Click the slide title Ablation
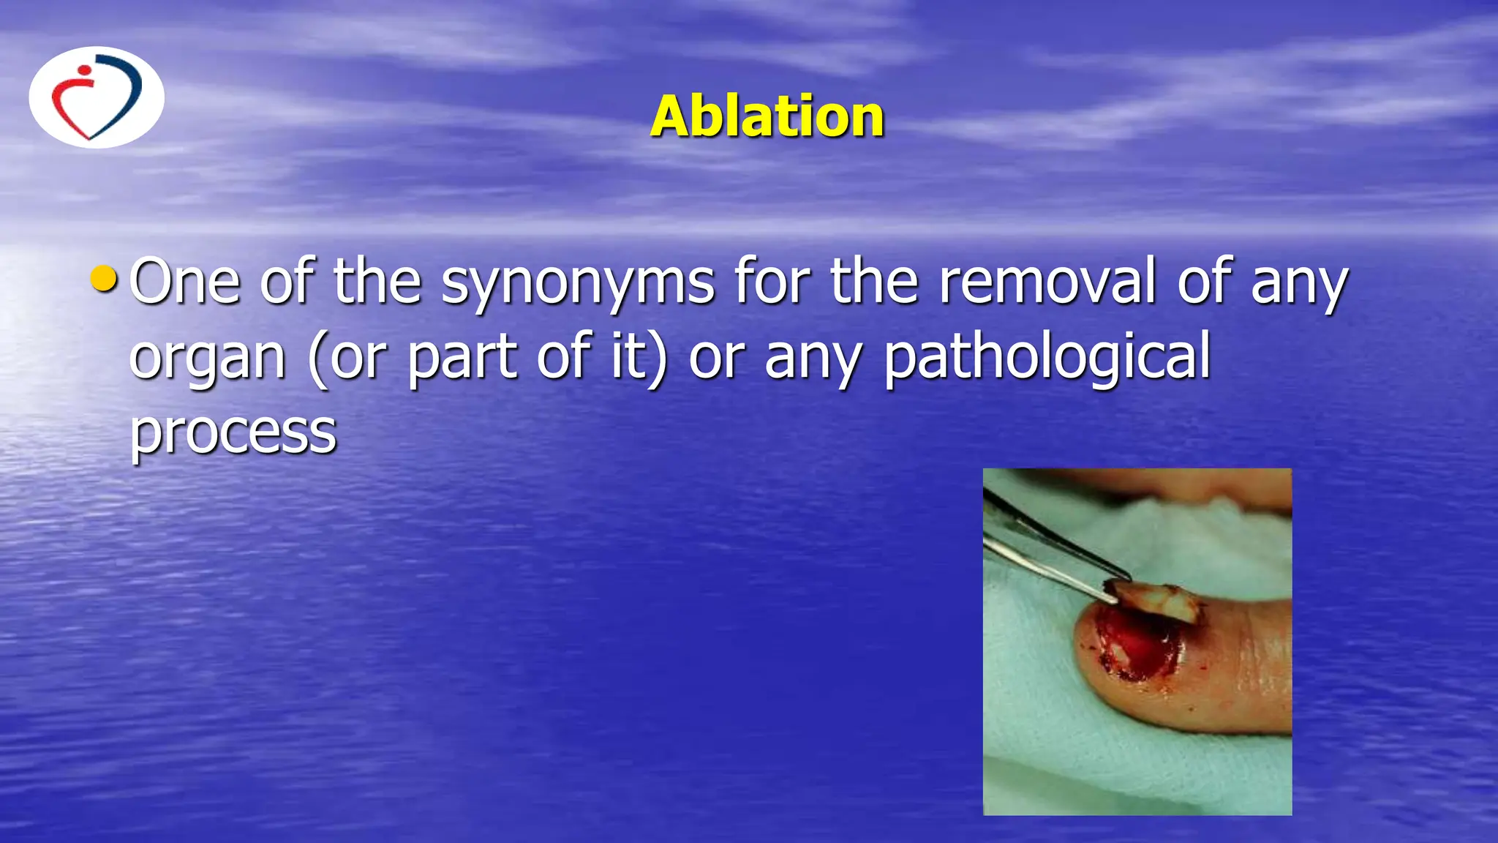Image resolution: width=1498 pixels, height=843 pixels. [767, 116]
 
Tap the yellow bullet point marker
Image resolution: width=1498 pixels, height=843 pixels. [104, 278]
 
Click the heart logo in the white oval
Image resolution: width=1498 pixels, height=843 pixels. [97, 97]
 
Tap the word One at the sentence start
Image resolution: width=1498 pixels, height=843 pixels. [184, 281]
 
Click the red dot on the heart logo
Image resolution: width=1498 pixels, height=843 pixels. [85, 72]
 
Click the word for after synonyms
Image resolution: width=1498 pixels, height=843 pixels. [772, 281]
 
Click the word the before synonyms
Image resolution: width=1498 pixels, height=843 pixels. [377, 281]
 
